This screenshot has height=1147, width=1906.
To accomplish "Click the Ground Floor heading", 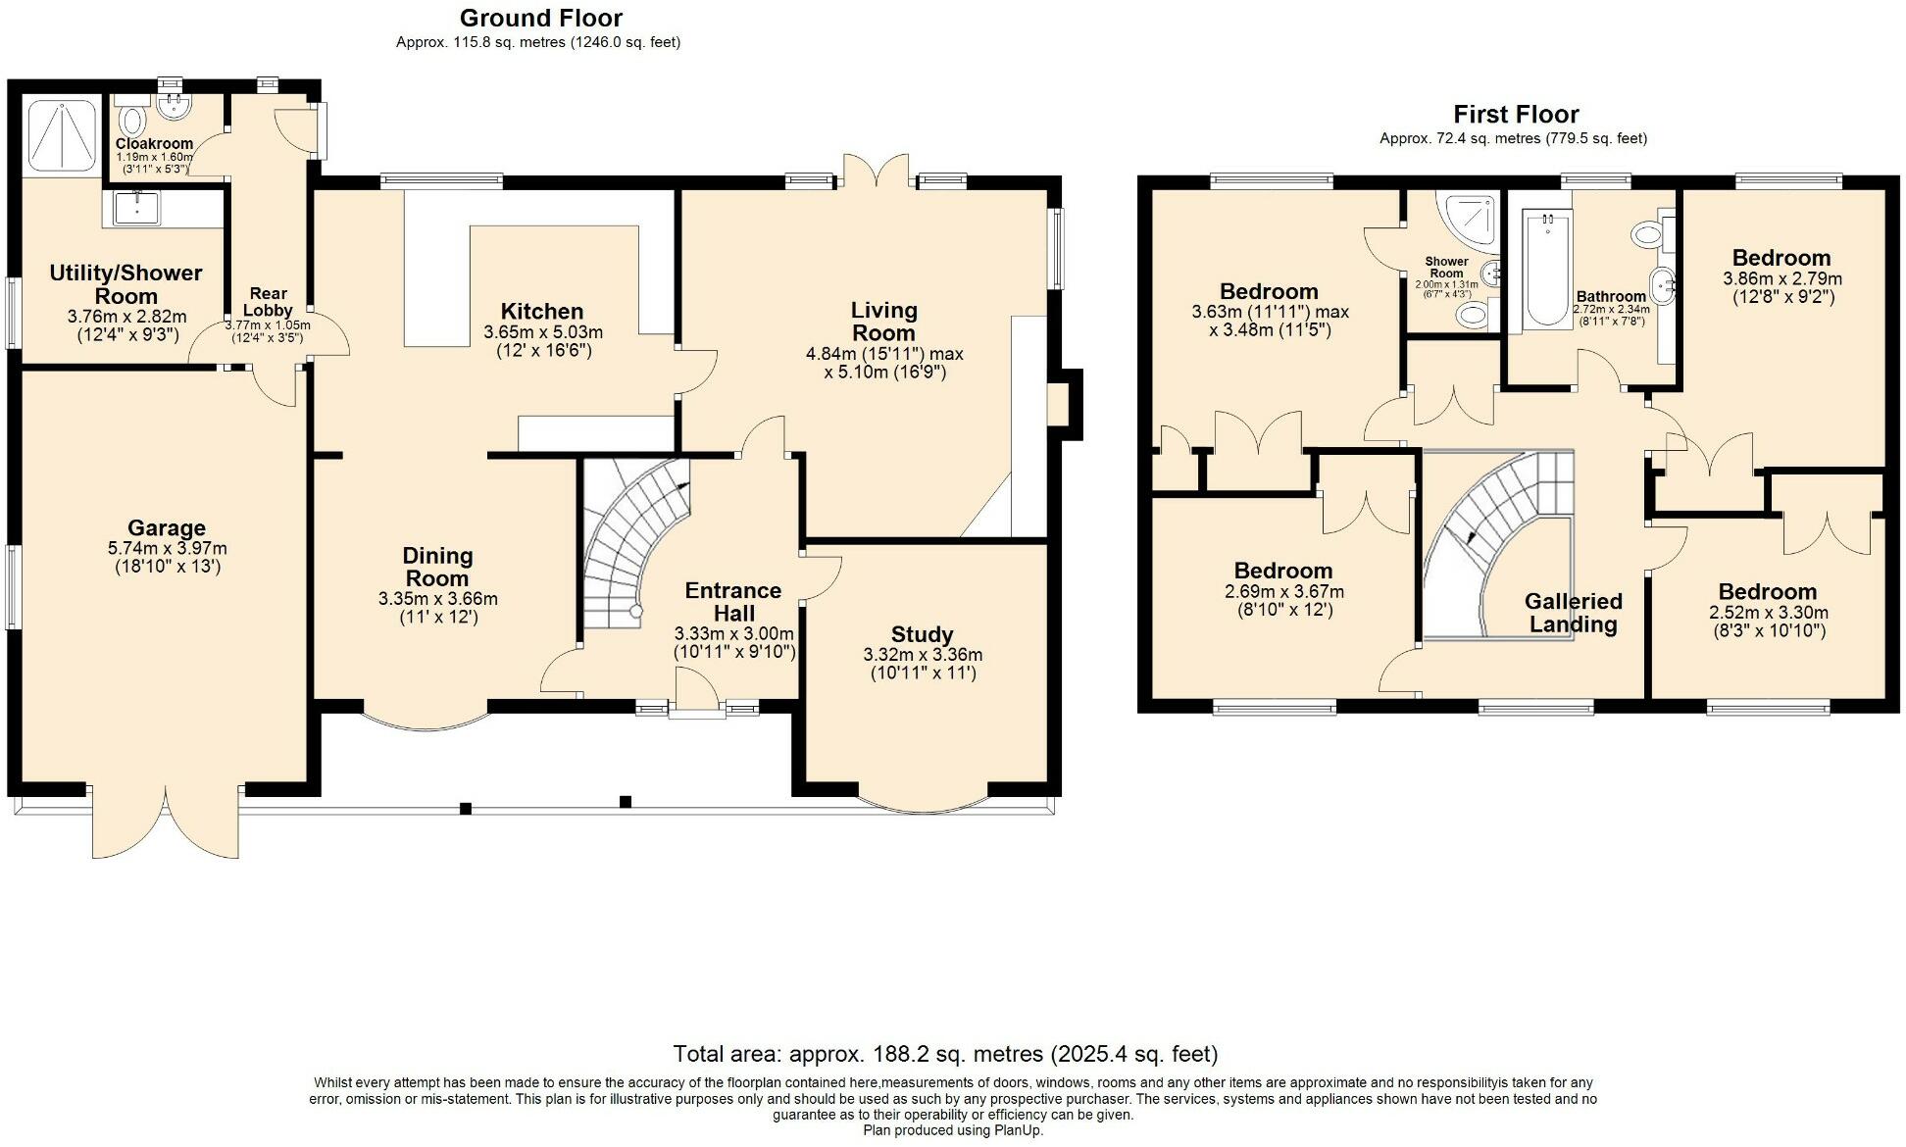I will (x=540, y=18).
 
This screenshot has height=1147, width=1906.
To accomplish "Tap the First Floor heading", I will (x=1516, y=114).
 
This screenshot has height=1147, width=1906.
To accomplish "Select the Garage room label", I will (x=166, y=528).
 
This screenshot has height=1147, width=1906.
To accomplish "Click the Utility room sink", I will (x=136, y=208).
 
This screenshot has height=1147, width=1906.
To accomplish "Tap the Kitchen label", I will (x=542, y=312).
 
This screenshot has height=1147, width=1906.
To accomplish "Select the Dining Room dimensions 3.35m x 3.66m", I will (x=437, y=598).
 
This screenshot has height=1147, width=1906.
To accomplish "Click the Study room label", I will (x=922, y=634).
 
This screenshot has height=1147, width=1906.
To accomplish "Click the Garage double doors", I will (x=166, y=822).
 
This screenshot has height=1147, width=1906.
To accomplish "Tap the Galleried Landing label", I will (x=1573, y=613).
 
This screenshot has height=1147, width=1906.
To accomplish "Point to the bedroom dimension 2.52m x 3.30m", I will (x=1768, y=613).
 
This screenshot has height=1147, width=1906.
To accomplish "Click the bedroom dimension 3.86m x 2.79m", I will (x=1781, y=279).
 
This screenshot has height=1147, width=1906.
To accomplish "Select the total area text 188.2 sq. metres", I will (x=945, y=1054).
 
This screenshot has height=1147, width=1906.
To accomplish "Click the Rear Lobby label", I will (x=268, y=301).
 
